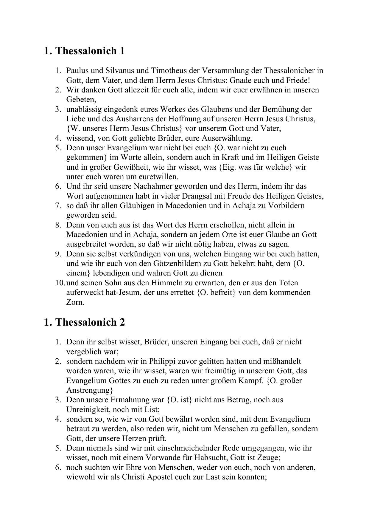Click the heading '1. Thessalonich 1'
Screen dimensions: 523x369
tap(84, 51)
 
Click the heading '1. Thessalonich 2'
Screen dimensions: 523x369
tap(84, 322)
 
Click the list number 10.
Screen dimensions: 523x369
tap(60, 283)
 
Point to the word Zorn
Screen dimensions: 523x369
tap(75, 302)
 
